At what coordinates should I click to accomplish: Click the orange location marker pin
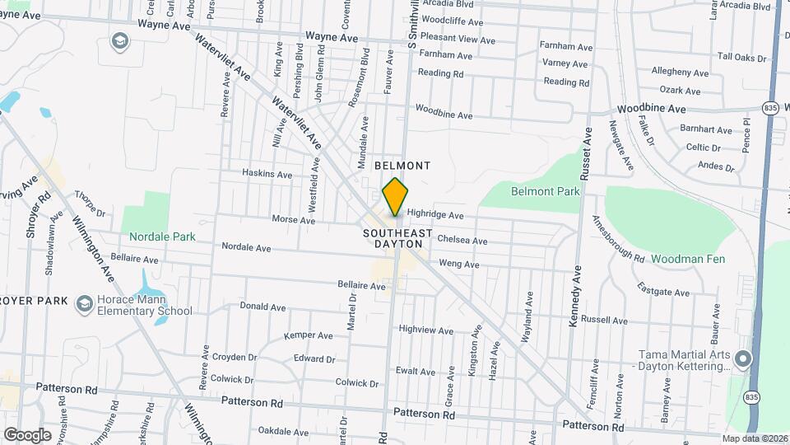point(396,197)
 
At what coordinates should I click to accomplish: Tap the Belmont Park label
point(545,191)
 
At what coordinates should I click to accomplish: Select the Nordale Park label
point(162,237)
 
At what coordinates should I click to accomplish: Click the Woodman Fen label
point(687,259)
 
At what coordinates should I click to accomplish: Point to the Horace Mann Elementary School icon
point(83,304)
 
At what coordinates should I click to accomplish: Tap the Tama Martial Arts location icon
point(743,358)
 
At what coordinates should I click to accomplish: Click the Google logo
point(27,434)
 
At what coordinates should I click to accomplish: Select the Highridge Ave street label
point(435,215)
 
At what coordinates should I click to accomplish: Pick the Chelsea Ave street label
point(462,241)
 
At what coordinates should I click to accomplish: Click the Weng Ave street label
point(459,265)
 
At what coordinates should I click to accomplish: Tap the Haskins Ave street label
point(267,175)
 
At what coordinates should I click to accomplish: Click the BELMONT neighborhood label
point(402,166)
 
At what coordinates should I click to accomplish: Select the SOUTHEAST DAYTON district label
point(397,238)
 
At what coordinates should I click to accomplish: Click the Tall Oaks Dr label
point(741,58)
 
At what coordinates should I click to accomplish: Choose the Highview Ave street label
point(425,330)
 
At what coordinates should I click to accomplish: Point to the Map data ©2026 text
point(755,438)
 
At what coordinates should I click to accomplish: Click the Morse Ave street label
point(294,220)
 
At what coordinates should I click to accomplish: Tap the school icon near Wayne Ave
point(120,41)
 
